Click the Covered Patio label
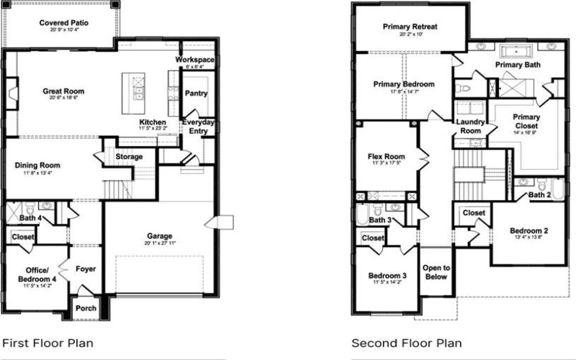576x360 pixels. click(64, 23)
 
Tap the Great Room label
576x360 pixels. click(63, 91)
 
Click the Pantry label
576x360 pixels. click(196, 94)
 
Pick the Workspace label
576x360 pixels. click(196, 58)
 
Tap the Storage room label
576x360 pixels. click(129, 156)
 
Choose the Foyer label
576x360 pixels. click(86, 269)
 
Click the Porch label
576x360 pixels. click(86, 309)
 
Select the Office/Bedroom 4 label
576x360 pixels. click(37, 275)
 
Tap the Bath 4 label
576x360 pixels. click(30, 217)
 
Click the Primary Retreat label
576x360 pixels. click(410, 27)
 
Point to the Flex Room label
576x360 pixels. click(386, 156)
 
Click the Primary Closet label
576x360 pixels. click(526, 121)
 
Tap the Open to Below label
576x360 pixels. click(436, 272)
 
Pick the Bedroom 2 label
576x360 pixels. click(529, 231)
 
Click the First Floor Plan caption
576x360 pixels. click(48, 343)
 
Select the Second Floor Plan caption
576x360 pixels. click(406, 343)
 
